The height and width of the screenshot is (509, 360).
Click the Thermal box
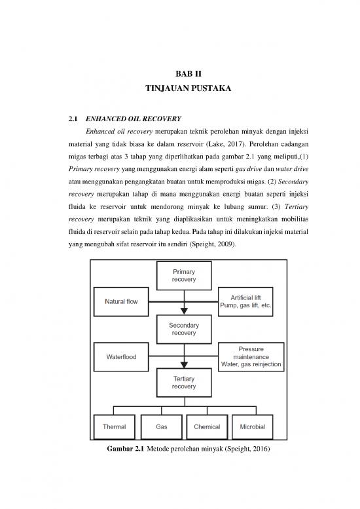point(114,427)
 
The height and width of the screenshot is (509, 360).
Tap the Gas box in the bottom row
point(161,427)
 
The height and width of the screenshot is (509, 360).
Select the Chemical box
point(207,427)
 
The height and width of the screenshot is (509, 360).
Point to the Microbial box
point(253,427)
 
